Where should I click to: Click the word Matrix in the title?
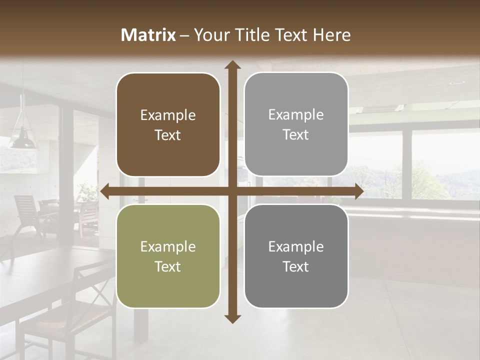coord(148,35)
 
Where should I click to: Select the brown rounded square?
coord(168,124)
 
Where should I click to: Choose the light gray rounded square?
coord(296,124)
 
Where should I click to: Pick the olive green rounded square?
coord(168,256)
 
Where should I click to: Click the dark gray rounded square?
coord(296,256)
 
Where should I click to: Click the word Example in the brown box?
coord(168,115)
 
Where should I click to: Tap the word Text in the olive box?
coord(168,266)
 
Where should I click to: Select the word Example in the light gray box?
coord(296,115)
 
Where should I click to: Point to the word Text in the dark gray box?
coord(296,266)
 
